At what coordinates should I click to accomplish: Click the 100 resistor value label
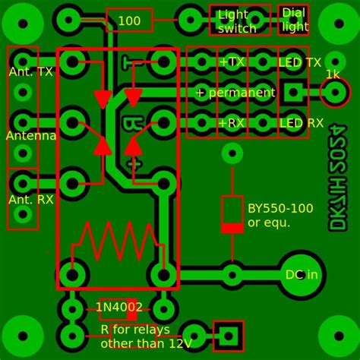(x=129, y=21)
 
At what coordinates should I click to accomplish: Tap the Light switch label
(x=237, y=21)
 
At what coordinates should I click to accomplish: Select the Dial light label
(x=295, y=20)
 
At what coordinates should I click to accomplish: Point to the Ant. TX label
(x=30, y=71)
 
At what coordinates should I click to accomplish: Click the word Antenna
(x=31, y=136)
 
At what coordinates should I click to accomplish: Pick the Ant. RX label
(x=30, y=200)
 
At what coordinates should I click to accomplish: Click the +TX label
(x=232, y=62)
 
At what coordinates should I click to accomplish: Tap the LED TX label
(x=300, y=62)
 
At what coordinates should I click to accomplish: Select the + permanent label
(x=235, y=93)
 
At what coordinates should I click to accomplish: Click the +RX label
(x=232, y=123)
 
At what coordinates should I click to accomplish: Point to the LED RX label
(x=301, y=123)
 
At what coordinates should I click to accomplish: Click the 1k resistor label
(x=333, y=74)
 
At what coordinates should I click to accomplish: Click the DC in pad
(x=302, y=275)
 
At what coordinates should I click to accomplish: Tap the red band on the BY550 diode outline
(x=232, y=227)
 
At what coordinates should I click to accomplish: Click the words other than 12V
(x=146, y=343)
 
